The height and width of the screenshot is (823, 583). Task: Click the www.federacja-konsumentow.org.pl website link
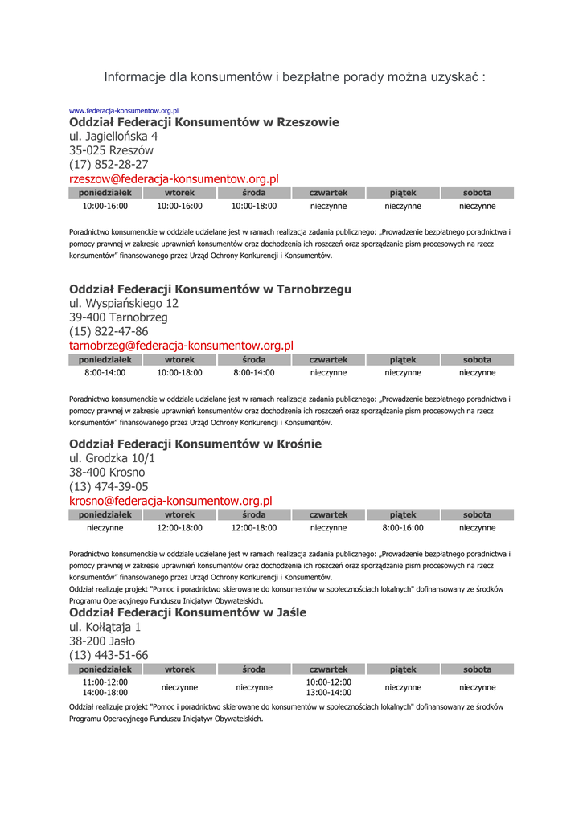point(124,110)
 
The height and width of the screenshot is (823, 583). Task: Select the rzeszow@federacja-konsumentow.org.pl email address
point(174,179)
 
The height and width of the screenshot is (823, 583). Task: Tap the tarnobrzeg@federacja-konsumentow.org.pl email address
point(181,346)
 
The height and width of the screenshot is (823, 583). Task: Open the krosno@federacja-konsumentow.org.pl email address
point(170,501)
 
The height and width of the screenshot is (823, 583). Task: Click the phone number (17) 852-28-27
point(109,165)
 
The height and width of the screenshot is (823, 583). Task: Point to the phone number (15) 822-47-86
point(109,331)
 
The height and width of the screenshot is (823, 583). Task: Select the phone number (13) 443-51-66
point(109,655)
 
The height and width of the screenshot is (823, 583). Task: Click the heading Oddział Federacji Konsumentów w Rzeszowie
point(204,122)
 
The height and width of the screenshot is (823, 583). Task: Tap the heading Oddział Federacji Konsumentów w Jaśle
point(187,612)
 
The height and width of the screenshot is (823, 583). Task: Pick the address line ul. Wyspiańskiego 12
point(124,304)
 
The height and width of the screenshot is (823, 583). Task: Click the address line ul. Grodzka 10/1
point(112,458)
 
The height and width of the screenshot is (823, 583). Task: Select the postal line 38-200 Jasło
point(102,641)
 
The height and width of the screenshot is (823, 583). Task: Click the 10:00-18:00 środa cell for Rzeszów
point(254,207)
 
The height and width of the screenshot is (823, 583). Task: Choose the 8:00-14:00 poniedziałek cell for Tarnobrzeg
point(105,373)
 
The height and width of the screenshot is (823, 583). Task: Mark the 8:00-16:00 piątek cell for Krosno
point(403,528)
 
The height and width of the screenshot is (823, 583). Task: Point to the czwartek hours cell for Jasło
point(329,687)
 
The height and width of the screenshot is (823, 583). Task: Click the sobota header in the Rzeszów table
point(477,193)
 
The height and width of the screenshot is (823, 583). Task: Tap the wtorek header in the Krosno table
point(179,514)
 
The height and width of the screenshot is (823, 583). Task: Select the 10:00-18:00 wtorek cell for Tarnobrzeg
point(179,373)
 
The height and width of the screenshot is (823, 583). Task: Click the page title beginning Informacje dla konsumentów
point(294,77)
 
